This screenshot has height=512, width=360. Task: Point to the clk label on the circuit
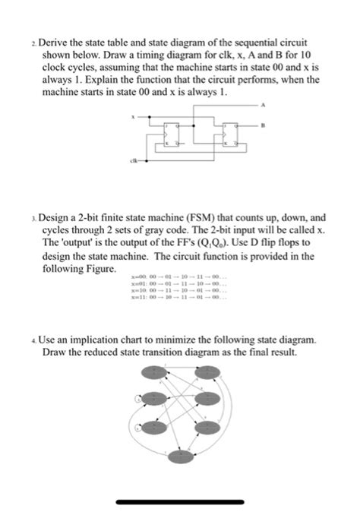click(x=135, y=160)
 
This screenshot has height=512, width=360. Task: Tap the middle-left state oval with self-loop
click(x=154, y=398)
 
